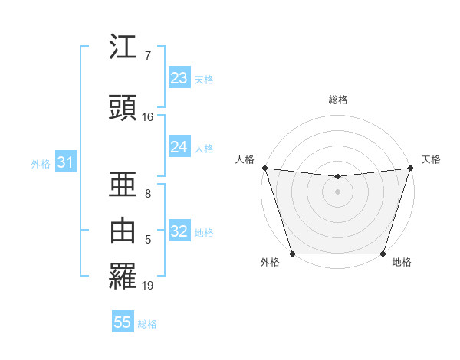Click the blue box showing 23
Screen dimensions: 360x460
179,78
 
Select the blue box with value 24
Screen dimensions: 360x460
179,148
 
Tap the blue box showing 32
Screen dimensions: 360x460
179,232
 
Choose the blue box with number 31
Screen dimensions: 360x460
65,162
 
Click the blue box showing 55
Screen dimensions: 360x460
123,322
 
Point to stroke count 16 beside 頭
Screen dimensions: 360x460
148,117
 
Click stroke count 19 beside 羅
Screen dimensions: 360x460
148,286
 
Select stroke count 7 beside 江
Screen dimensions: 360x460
148,56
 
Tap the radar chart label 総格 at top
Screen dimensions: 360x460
337,100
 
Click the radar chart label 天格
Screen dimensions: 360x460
431,159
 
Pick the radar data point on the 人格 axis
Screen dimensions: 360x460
264,168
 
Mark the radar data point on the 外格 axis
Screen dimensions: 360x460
292,254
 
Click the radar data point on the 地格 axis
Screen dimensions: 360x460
383,254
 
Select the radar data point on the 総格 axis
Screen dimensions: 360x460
337,177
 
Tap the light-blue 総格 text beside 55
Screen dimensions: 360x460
147,324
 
